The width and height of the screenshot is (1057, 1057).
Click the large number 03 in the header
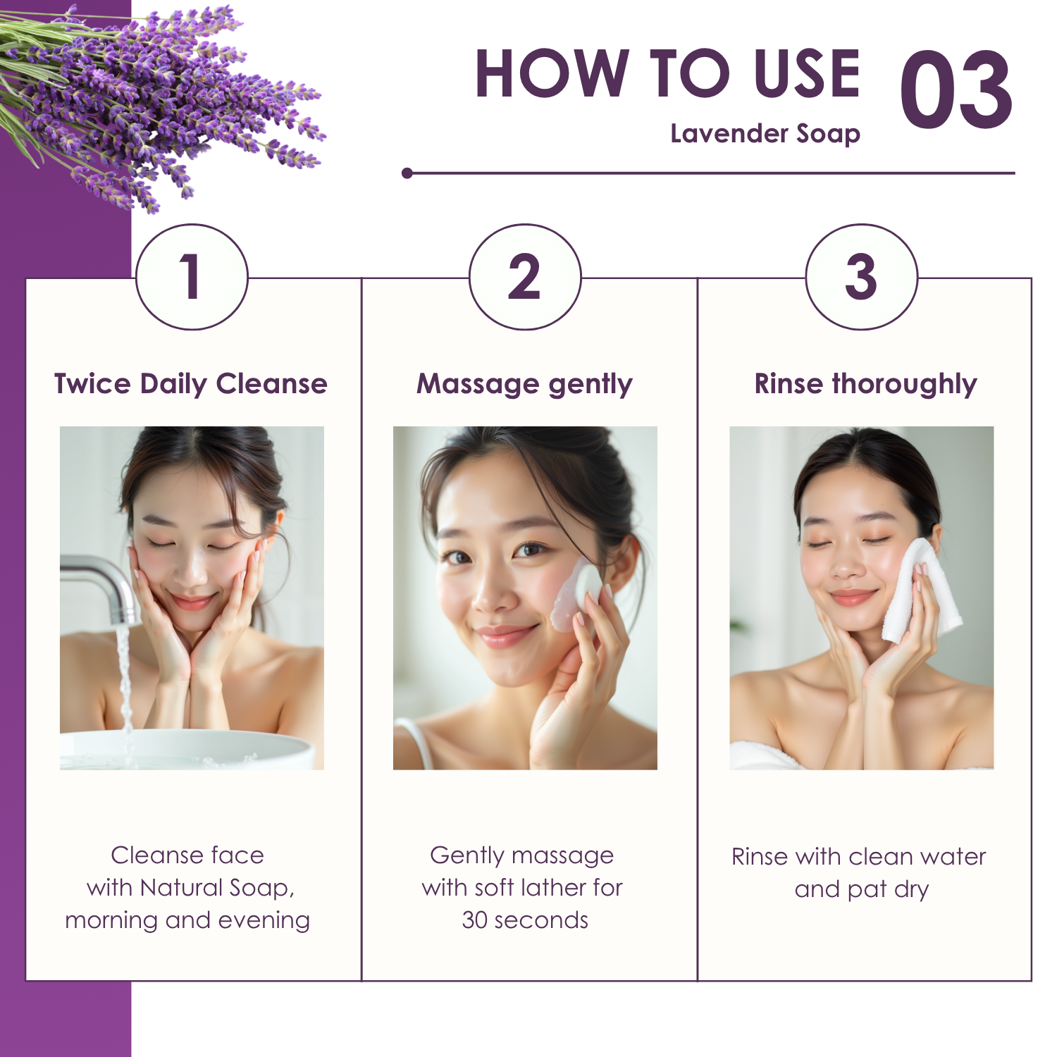click(x=956, y=89)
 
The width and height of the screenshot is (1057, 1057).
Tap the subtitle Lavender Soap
click(x=765, y=134)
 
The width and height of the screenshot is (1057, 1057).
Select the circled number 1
click(x=192, y=276)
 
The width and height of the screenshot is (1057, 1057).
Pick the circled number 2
click(x=525, y=276)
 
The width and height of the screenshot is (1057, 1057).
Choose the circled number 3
click(x=861, y=276)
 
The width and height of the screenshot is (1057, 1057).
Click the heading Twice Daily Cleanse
click(x=191, y=384)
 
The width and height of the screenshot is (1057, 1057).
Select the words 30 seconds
click(x=525, y=920)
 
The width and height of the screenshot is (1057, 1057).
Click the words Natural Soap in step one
click(x=217, y=888)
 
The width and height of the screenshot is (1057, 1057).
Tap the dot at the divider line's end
click(x=407, y=173)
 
